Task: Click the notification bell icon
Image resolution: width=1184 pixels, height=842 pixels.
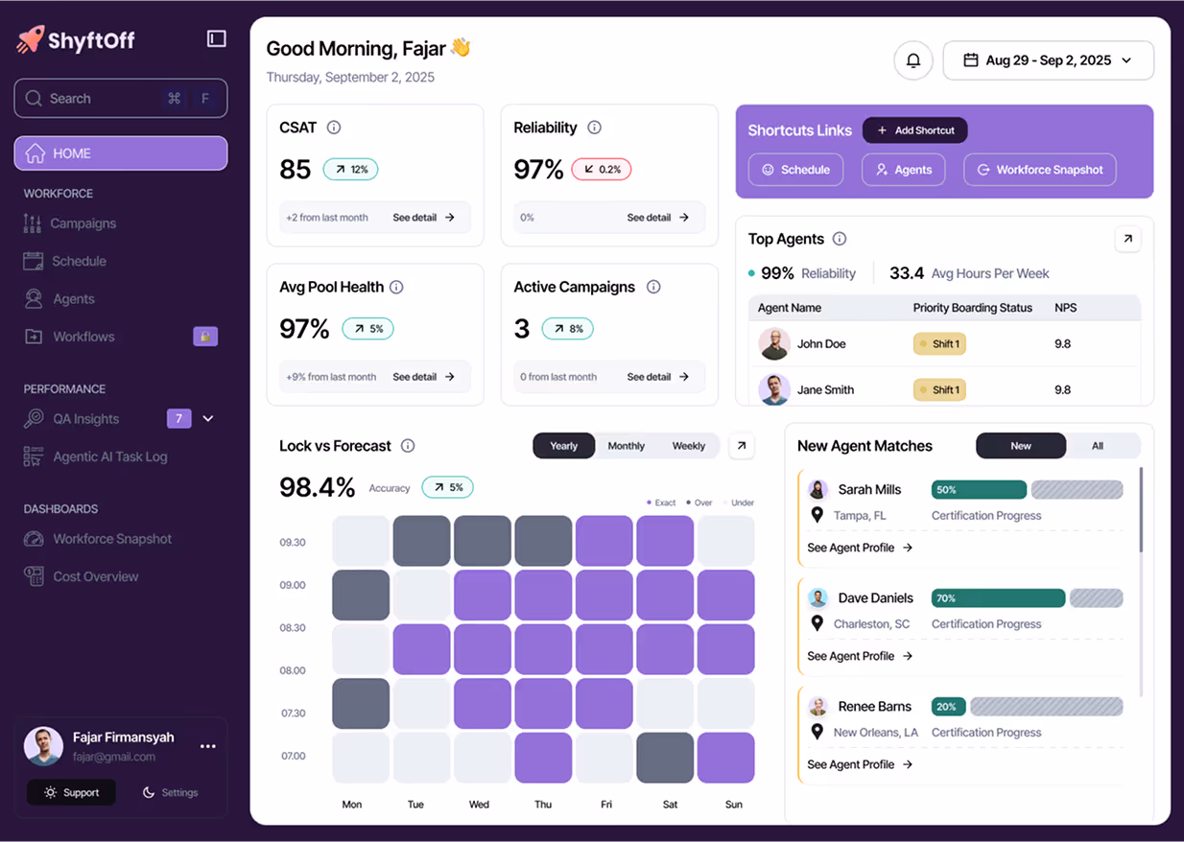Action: (912, 60)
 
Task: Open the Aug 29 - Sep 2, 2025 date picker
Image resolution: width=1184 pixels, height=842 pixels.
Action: (1048, 60)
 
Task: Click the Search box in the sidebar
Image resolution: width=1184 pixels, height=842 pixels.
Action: (120, 99)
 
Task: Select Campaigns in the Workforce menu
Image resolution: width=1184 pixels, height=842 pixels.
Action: (83, 223)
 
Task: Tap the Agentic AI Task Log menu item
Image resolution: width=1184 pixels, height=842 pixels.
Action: (109, 456)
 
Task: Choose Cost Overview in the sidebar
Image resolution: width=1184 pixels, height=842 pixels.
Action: (95, 576)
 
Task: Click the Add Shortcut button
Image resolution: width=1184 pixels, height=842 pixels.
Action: (914, 130)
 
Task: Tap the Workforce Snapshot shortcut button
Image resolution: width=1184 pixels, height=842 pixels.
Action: (1039, 170)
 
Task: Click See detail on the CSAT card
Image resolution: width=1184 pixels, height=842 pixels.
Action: (423, 218)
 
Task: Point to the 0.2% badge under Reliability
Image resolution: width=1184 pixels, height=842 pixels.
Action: (601, 170)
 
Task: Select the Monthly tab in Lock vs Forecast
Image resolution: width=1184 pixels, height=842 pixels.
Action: (626, 446)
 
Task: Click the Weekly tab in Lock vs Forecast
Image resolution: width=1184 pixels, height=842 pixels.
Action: (688, 446)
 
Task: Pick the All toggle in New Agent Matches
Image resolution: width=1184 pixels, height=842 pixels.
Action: (1097, 446)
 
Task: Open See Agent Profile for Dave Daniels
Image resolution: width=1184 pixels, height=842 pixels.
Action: (859, 656)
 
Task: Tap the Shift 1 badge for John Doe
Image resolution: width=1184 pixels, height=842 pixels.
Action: (939, 344)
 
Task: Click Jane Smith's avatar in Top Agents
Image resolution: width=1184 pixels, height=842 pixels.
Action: (773, 389)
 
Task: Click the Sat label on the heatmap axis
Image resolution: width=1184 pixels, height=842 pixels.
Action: (670, 805)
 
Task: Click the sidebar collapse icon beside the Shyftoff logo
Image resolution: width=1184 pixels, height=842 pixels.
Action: (216, 38)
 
